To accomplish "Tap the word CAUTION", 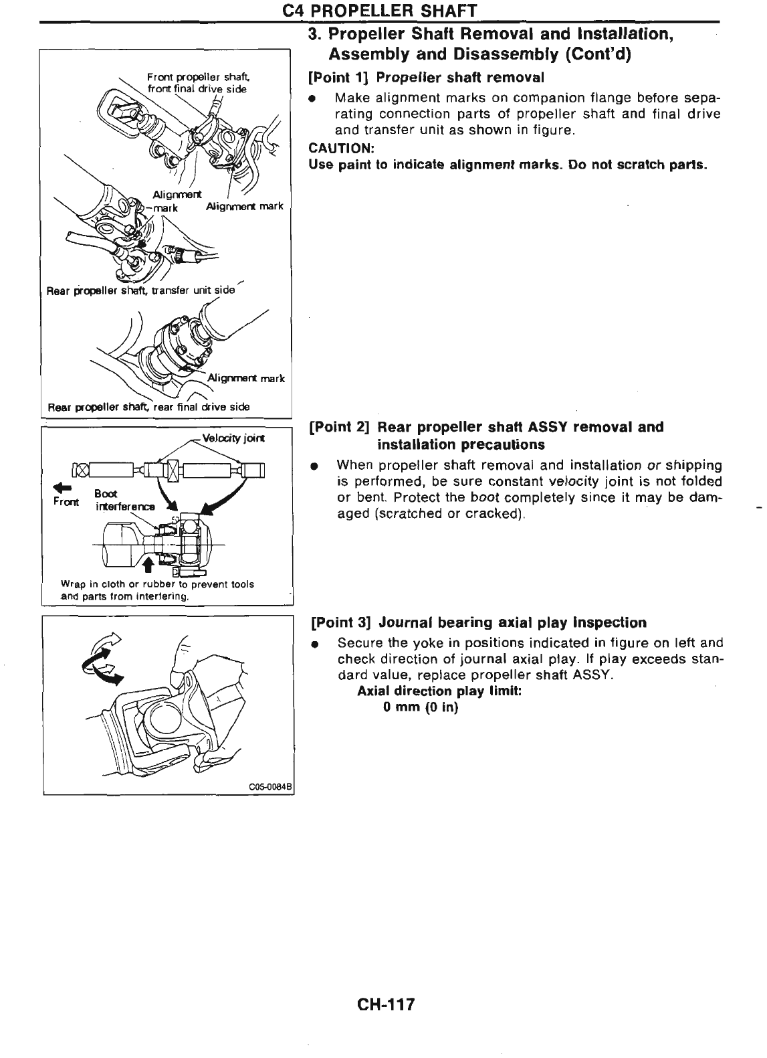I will [340, 148].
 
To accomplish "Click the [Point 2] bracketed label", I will [340, 427].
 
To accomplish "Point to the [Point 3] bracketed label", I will [342, 622].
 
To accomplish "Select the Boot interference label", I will [124, 500].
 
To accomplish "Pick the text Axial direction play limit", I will [439, 691].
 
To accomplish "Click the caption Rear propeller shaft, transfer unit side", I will [141, 290].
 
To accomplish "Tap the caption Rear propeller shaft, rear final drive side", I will [148, 406].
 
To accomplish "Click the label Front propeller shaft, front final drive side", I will [196, 84].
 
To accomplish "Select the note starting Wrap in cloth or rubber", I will [156, 590].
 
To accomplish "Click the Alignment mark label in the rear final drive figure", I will [247, 378].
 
